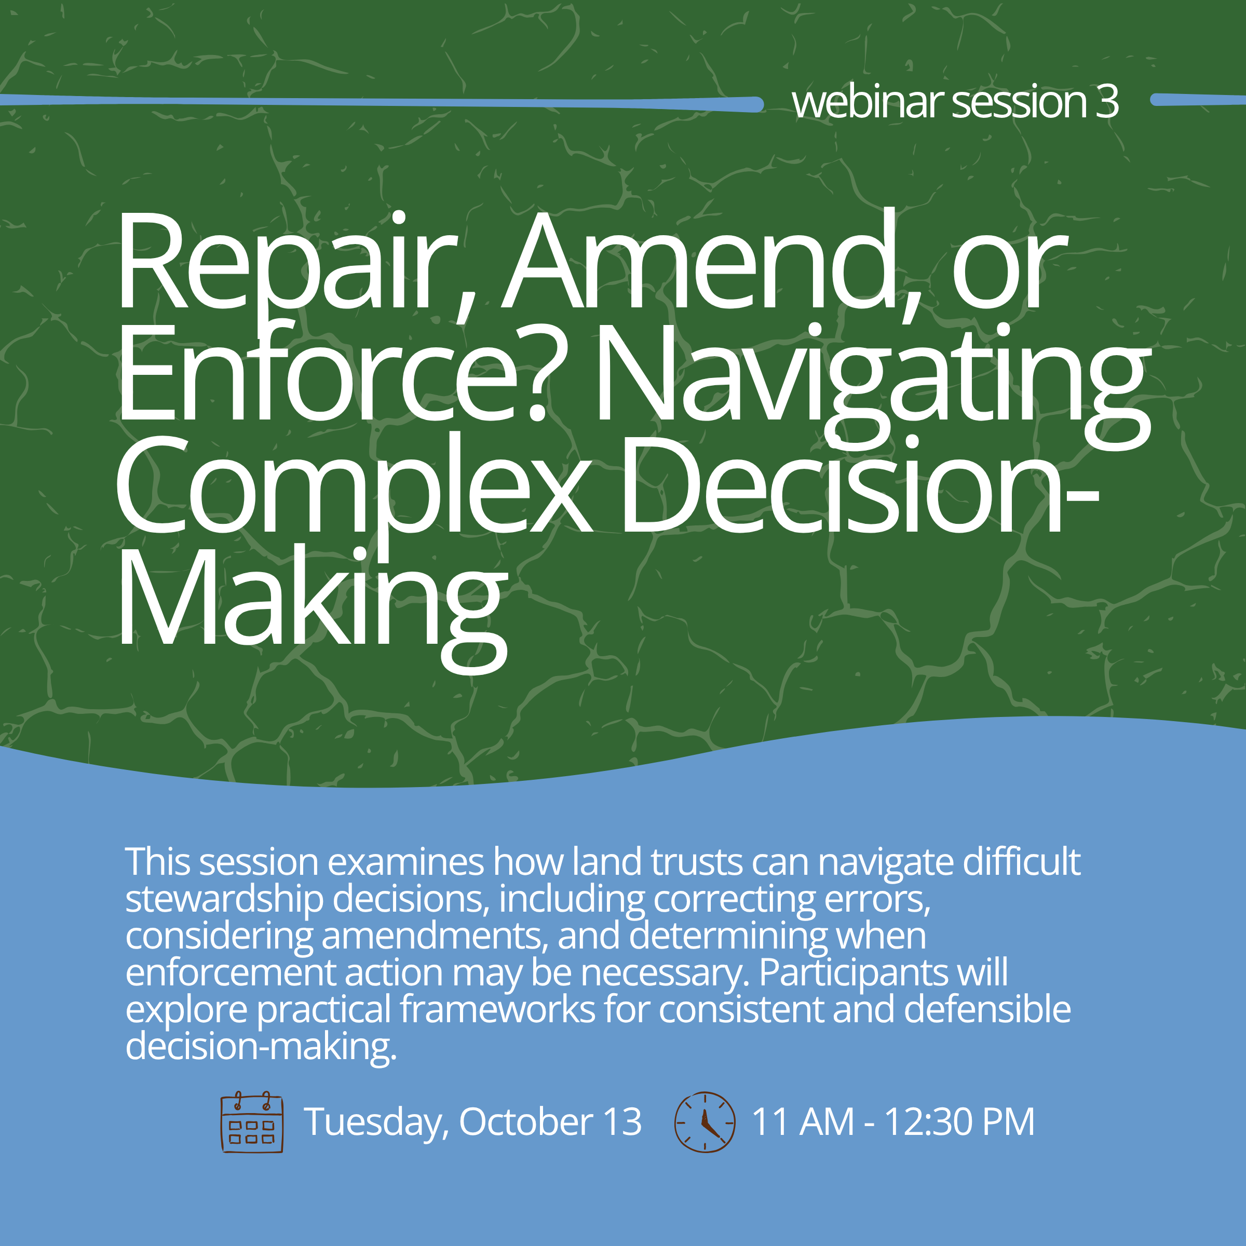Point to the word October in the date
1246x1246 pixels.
pos(525,1121)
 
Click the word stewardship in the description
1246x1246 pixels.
pos(224,900)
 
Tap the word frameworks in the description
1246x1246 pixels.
pos(497,1009)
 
